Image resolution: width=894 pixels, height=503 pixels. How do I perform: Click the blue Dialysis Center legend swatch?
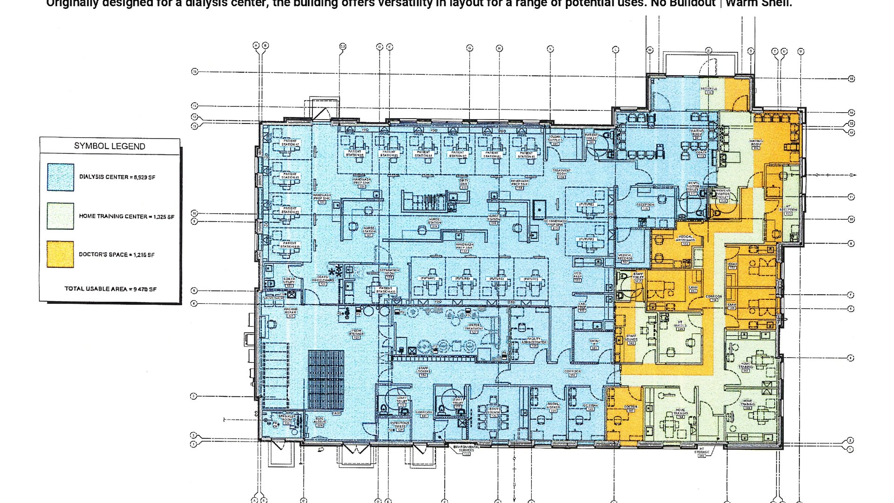coord(60,177)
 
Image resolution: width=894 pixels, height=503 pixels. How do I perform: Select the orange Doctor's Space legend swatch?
coord(60,254)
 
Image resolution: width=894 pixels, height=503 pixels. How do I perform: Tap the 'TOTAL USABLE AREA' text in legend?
coord(110,289)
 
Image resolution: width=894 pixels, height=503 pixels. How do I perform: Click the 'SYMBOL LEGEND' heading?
coord(109,146)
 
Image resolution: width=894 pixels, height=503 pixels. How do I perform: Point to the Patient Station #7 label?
coord(290,143)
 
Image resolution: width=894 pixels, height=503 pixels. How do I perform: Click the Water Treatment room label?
coord(474,327)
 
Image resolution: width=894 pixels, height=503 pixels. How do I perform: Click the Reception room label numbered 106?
coord(645,206)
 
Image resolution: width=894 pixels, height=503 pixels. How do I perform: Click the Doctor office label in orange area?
coord(630,408)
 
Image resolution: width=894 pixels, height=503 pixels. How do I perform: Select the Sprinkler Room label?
coord(287,419)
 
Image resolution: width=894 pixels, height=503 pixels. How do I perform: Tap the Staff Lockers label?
coord(423,370)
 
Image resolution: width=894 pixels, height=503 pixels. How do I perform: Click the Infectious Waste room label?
coord(400,425)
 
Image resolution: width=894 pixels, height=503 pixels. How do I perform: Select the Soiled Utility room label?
coord(289,281)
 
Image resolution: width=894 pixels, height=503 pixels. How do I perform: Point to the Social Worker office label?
coord(553,406)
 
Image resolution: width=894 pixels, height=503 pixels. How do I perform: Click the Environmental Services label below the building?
coord(466,449)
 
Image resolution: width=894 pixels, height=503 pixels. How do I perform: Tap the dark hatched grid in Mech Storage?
coord(326,380)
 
